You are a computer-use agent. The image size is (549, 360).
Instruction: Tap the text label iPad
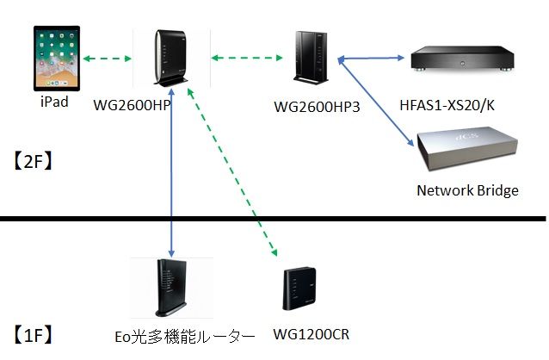[54, 102]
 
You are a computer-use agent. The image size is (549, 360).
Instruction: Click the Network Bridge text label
[467, 190]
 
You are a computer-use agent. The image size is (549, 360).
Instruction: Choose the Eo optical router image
[170, 289]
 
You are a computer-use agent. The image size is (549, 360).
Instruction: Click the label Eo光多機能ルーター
[185, 335]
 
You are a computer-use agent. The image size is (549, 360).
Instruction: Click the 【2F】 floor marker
[34, 159]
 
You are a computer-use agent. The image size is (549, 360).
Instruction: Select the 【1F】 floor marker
[34, 333]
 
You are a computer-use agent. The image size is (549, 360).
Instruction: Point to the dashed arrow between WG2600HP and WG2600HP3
[248, 59]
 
